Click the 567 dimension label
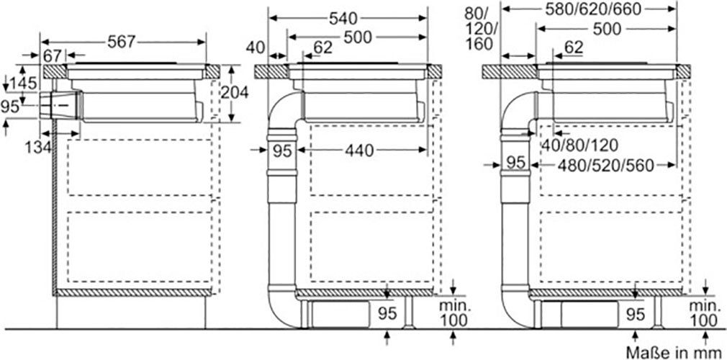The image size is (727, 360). pos(121,42)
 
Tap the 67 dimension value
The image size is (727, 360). pos(53,55)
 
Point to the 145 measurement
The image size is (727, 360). pos(24,84)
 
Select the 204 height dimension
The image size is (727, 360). pos(234,93)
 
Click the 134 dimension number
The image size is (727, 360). pos(38,148)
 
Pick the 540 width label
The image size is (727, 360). pos(343,19)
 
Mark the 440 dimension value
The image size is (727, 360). pos(359,150)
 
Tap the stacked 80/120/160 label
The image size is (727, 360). pos(481,30)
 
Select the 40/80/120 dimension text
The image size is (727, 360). pos(579,145)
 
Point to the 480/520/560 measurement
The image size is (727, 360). pos(605,165)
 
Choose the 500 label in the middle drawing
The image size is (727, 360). pos(358,37)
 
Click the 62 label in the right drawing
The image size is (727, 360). pos(573,47)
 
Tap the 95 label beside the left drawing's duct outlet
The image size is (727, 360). pos(10,107)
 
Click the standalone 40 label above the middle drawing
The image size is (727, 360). pos(256,48)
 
